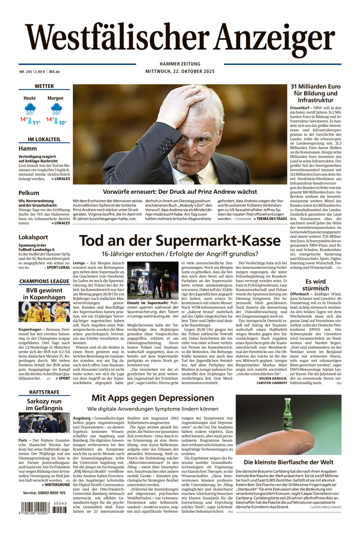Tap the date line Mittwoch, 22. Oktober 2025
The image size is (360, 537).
(x=179, y=71)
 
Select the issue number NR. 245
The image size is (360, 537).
(x=26, y=71)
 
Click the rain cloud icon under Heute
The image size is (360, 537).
(x=30, y=109)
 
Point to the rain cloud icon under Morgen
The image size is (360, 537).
(x=56, y=109)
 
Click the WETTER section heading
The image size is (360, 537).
(x=44, y=86)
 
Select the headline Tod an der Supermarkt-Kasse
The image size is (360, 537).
(x=180, y=241)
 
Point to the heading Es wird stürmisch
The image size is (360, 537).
(x=315, y=285)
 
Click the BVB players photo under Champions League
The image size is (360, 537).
(x=44, y=312)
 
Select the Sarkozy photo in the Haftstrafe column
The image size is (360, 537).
(x=44, y=423)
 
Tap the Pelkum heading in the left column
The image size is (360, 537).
(x=29, y=193)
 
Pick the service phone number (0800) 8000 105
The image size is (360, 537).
(x=44, y=493)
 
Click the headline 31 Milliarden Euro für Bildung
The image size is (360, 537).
(x=315, y=93)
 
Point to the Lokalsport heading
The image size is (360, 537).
(x=33, y=237)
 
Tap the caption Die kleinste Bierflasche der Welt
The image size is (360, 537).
(x=288, y=462)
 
